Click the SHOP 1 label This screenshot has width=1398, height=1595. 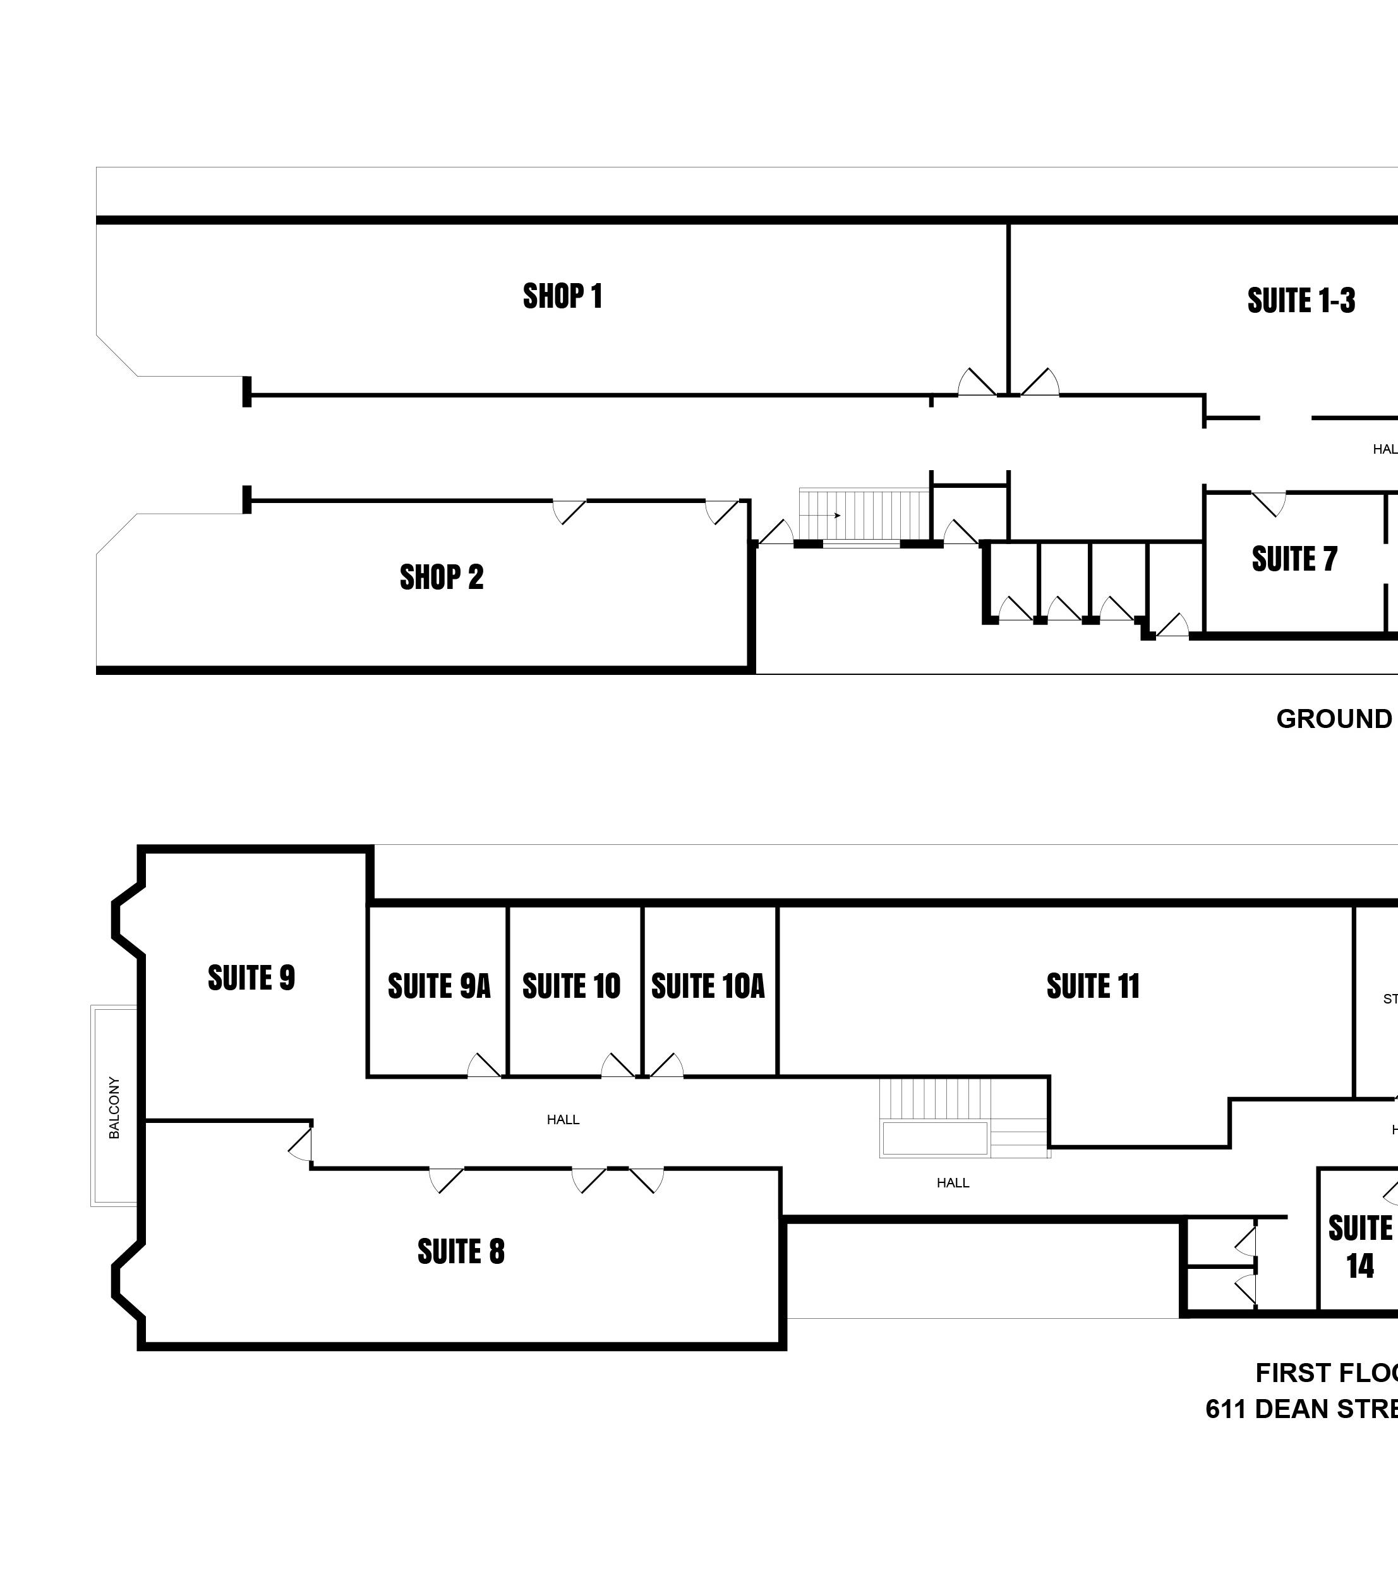562,296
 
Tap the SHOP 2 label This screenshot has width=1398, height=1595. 442,578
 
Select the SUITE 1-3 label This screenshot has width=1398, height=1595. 1301,300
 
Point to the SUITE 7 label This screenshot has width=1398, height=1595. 1294,559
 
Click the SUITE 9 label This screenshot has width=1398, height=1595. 251,978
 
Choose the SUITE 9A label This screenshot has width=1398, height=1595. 439,986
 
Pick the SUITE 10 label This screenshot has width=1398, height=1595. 571,986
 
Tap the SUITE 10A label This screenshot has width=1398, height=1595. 708,986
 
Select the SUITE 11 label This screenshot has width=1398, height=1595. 1092,986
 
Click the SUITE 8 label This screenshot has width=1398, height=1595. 461,1252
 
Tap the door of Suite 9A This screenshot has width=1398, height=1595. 484,1066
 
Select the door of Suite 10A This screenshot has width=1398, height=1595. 666,1066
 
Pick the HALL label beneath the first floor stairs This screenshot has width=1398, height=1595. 953,1183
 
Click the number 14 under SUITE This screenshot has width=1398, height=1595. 1359,1266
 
